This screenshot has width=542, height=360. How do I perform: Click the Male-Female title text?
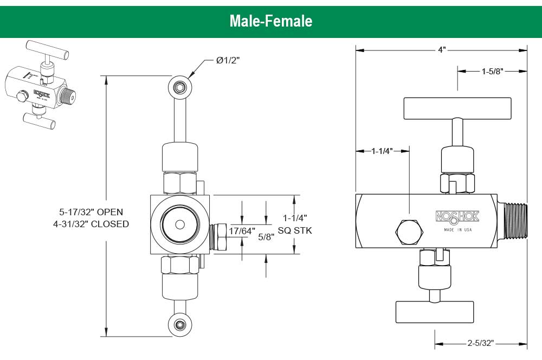click(x=270, y=21)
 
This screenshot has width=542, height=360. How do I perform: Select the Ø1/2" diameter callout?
click(x=228, y=60)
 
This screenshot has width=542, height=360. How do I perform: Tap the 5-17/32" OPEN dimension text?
click(x=91, y=211)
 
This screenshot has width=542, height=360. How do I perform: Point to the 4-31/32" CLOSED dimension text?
click(x=91, y=224)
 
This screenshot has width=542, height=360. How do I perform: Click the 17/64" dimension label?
click(x=242, y=230)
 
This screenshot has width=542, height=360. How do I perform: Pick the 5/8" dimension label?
click(x=266, y=237)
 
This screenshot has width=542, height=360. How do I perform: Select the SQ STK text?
click(x=295, y=230)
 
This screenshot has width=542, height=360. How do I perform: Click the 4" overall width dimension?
click(x=442, y=50)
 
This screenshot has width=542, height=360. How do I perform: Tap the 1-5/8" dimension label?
click(x=493, y=71)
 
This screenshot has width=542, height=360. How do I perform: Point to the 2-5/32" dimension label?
click(x=481, y=343)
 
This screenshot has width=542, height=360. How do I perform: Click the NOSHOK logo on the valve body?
click(x=457, y=217)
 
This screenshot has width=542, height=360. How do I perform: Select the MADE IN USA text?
click(x=457, y=230)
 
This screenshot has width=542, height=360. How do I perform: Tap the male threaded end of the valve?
click(x=515, y=221)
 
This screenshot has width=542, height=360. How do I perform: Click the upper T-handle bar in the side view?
click(x=457, y=108)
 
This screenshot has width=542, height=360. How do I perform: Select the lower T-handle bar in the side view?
click(x=434, y=312)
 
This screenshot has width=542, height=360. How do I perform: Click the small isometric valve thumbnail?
click(x=41, y=85)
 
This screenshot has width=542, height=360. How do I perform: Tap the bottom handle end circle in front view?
click(x=180, y=325)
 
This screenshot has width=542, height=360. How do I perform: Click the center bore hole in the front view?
click(x=180, y=224)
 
